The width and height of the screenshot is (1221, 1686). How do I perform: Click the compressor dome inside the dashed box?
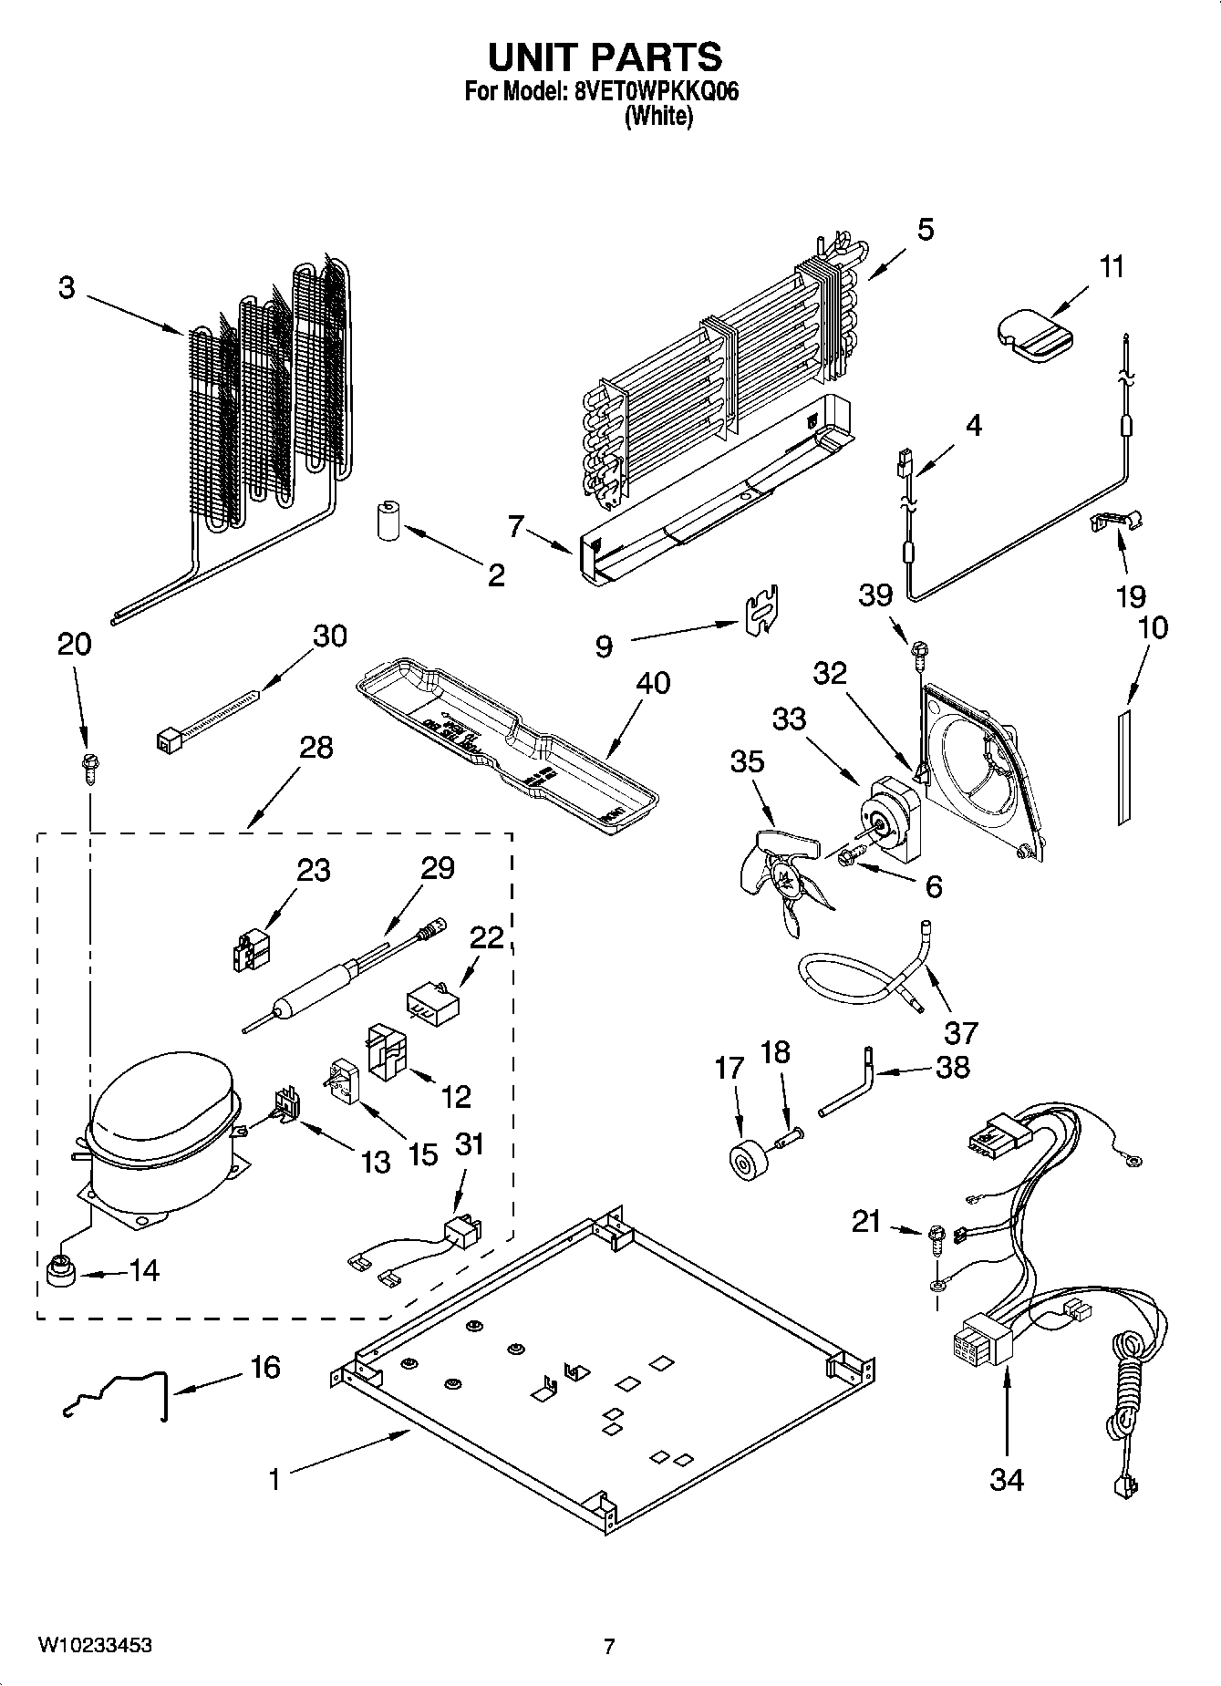coord(160,1108)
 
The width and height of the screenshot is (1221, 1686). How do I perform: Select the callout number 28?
coord(316,748)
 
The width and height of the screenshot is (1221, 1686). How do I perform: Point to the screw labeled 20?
coord(90,762)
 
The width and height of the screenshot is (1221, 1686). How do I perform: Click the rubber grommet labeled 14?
coord(60,1268)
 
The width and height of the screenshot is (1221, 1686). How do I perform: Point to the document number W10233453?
coord(95,1646)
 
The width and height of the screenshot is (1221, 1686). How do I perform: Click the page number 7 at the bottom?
coord(609,1647)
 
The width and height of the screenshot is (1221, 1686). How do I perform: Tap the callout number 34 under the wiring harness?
coord(1007,1479)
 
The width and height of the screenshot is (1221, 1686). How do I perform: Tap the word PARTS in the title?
coord(657,57)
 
